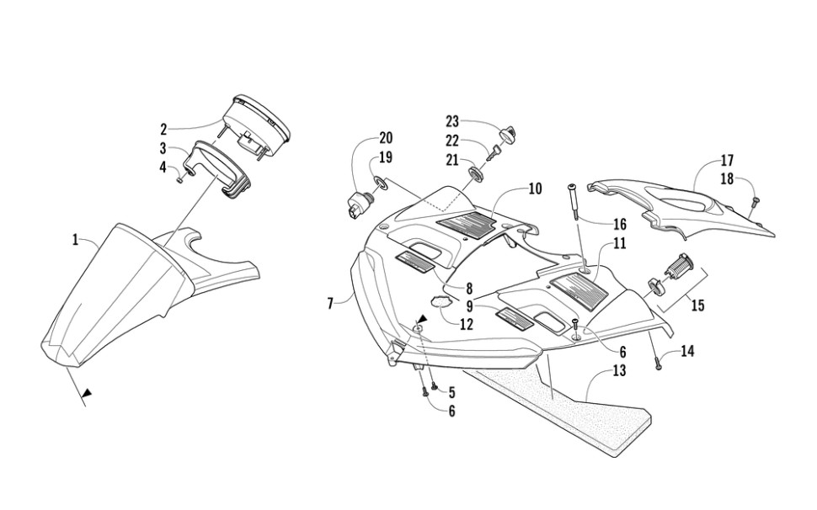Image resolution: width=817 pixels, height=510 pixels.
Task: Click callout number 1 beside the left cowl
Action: click(x=75, y=240)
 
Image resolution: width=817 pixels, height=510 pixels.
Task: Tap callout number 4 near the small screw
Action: click(x=163, y=167)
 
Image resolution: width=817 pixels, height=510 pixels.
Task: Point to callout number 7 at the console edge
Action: click(x=331, y=302)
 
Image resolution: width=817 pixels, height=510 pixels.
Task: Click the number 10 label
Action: click(x=535, y=189)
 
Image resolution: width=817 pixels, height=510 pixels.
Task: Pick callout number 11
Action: click(x=619, y=243)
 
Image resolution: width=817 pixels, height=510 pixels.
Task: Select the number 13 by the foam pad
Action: click(x=619, y=370)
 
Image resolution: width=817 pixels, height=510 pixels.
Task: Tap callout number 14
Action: click(x=687, y=352)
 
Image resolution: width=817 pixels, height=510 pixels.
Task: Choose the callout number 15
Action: click(x=697, y=305)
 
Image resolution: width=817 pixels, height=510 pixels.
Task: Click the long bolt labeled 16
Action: click(x=573, y=202)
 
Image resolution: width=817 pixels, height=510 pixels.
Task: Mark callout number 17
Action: click(x=727, y=160)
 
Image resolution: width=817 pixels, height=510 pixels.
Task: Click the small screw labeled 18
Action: click(x=756, y=202)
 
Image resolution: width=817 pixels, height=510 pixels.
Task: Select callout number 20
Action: click(x=386, y=137)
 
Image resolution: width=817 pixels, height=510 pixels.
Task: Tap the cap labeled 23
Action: click(x=508, y=133)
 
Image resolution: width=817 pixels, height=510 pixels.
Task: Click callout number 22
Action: click(x=452, y=141)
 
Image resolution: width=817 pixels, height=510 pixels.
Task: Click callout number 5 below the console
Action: click(x=451, y=391)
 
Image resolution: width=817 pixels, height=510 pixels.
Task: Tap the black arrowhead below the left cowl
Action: click(x=86, y=392)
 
